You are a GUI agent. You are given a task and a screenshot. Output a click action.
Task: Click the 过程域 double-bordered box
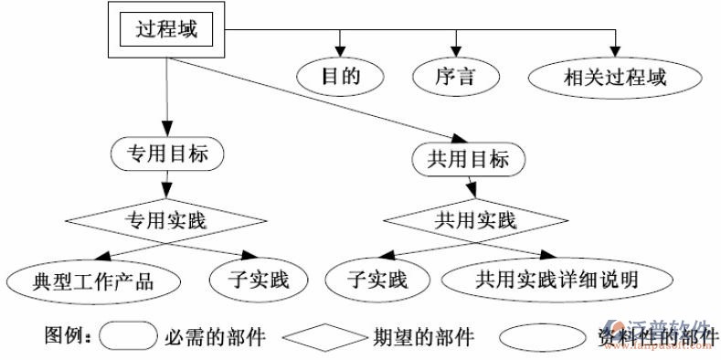coord(166,29)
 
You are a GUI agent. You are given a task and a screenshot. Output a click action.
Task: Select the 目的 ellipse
coord(340,76)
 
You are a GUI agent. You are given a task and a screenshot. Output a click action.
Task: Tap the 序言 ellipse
coord(455,76)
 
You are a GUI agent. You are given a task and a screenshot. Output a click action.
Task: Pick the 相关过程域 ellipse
coord(614,76)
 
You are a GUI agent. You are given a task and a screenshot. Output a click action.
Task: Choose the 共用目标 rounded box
coord(468,159)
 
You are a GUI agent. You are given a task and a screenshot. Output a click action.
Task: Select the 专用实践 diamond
coord(165,219)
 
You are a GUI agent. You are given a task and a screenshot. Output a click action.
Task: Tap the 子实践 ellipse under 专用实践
coord(249,280)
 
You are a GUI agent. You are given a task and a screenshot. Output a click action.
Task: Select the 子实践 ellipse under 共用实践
coord(376,280)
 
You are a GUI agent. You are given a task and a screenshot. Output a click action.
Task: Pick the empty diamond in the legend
coord(323,337)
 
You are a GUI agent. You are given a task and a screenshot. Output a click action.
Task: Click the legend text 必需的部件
coord(216,337)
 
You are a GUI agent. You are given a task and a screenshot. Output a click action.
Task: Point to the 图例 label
coord(67,337)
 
